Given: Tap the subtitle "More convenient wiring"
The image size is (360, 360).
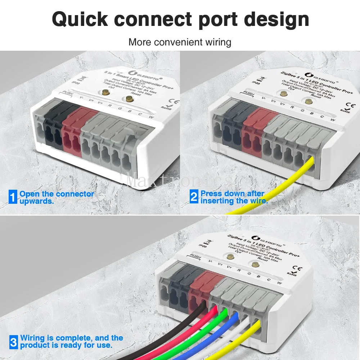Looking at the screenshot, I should pyautogui.click(x=180, y=42).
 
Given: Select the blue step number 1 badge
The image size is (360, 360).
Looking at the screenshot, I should pyautogui.click(x=13, y=198).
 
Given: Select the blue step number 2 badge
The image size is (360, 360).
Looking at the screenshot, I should pyautogui.click(x=194, y=197).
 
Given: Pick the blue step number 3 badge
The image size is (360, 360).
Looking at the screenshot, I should pyautogui.click(x=13, y=342).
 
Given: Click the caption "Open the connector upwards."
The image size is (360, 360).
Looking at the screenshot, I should pyautogui.click(x=57, y=198).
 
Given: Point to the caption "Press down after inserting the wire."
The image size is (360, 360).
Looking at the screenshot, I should pyautogui.click(x=234, y=198).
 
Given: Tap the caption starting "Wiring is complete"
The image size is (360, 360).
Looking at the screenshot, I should pyautogui.click(x=71, y=342).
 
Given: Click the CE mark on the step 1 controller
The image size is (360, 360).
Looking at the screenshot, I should pyautogui.click(x=167, y=102).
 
